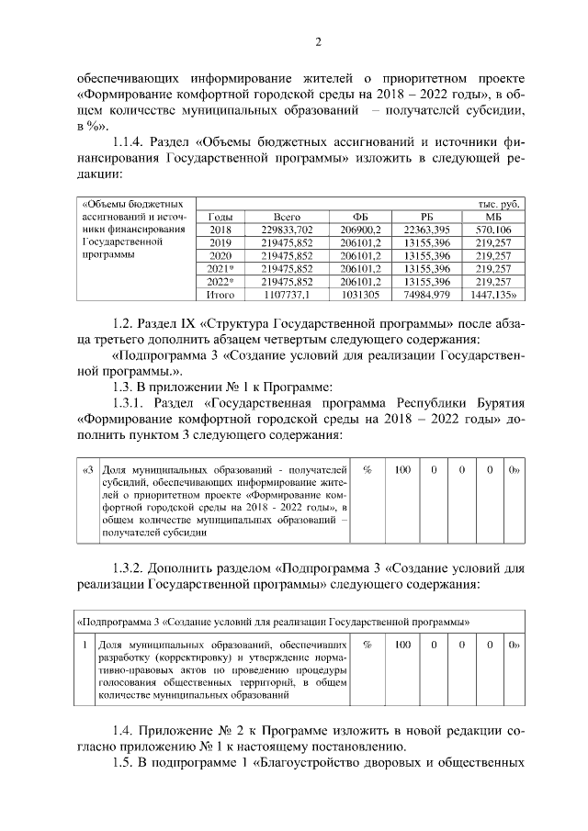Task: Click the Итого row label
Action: pyautogui.click(x=220, y=295)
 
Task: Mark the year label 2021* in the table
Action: pyautogui.click(x=220, y=268)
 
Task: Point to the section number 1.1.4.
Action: pyautogui.click(x=131, y=142)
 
